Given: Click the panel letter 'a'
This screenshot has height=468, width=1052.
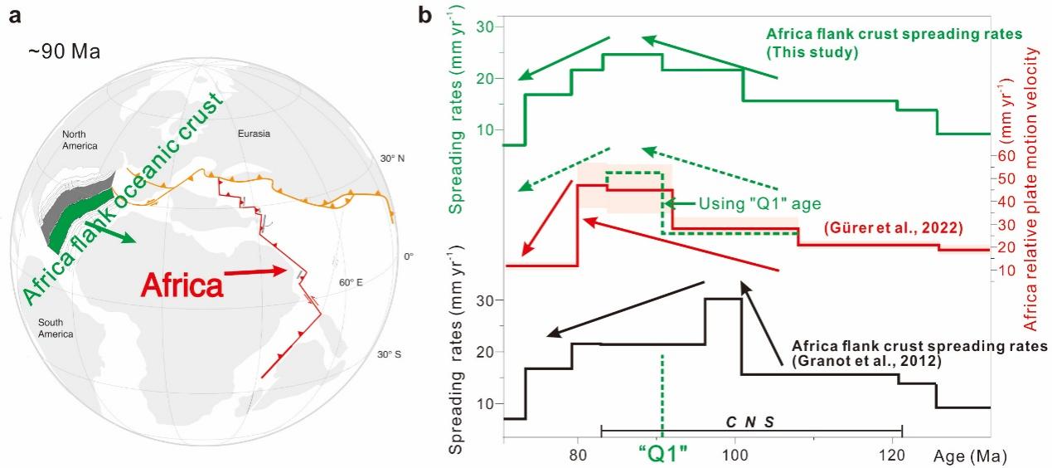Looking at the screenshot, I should (15, 14).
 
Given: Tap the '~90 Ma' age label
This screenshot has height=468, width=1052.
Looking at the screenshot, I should (64, 52).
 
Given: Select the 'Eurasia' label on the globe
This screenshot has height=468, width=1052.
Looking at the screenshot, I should (254, 134).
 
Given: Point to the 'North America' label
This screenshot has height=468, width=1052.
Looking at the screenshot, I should (80, 140).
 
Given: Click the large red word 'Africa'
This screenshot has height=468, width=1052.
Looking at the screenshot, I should (182, 285).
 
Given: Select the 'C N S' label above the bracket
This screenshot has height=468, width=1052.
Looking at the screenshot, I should (750, 422).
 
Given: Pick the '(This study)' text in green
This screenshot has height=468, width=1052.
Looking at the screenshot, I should (812, 51).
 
